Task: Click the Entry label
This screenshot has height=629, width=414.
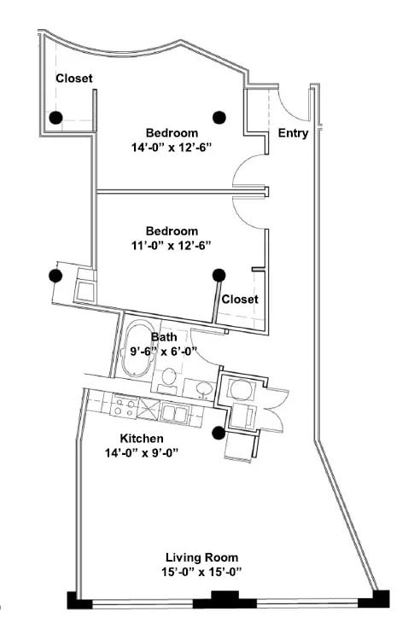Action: tap(293, 133)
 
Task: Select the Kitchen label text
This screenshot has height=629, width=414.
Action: tap(141, 438)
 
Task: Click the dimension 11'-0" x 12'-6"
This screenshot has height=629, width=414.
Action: tap(172, 245)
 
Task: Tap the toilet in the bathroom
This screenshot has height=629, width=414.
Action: tap(169, 377)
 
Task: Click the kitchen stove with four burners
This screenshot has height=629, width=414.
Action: tap(125, 408)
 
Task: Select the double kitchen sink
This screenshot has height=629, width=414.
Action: tap(177, 413)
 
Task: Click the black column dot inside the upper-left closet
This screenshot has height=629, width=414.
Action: tap(55, 118)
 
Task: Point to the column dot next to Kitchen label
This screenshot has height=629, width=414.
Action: tap(219, 432)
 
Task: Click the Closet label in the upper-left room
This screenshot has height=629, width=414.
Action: tap(74, 79)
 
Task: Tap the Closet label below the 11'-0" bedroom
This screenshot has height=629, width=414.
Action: tap(240, 300)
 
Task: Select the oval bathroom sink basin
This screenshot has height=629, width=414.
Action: tap(204, 388)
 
